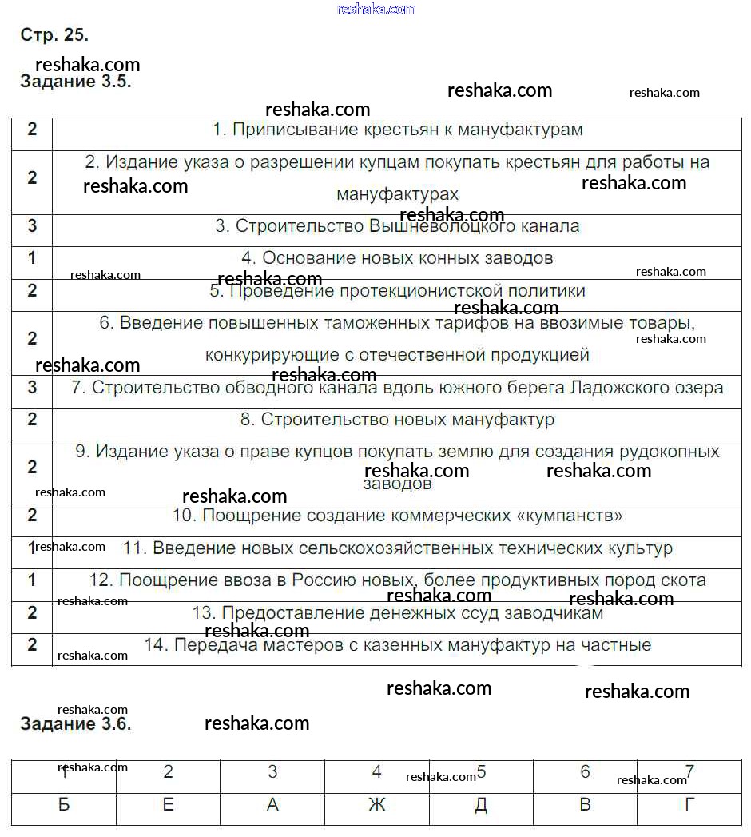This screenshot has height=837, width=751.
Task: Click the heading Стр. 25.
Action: point(54,35)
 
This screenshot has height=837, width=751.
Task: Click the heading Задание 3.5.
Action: point(75,82)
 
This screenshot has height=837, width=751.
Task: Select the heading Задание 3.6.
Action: point(75,724)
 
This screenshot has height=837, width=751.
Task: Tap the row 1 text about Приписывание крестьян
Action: point(397,130)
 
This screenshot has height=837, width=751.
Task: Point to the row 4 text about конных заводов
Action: point(397,258)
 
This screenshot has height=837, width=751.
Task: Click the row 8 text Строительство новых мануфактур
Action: point(397,420)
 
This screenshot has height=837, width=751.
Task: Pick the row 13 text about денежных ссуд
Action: point(397,613)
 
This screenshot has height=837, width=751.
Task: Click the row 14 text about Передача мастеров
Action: point(397,644)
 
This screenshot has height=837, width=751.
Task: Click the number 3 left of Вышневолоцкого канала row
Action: point(32,226)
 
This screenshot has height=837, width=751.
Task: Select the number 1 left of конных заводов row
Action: point(32,258)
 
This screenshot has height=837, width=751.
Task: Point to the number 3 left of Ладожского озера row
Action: point(32,388)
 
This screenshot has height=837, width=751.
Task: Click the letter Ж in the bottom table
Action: point(377,805)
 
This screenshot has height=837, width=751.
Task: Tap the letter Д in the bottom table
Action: point(481,805)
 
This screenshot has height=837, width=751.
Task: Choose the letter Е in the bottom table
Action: point(168,805)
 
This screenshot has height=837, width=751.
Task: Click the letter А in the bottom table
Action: point(272,805)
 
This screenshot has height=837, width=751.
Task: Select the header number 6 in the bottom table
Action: point(585,772)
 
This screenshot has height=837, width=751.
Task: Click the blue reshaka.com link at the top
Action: point(376,9)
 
